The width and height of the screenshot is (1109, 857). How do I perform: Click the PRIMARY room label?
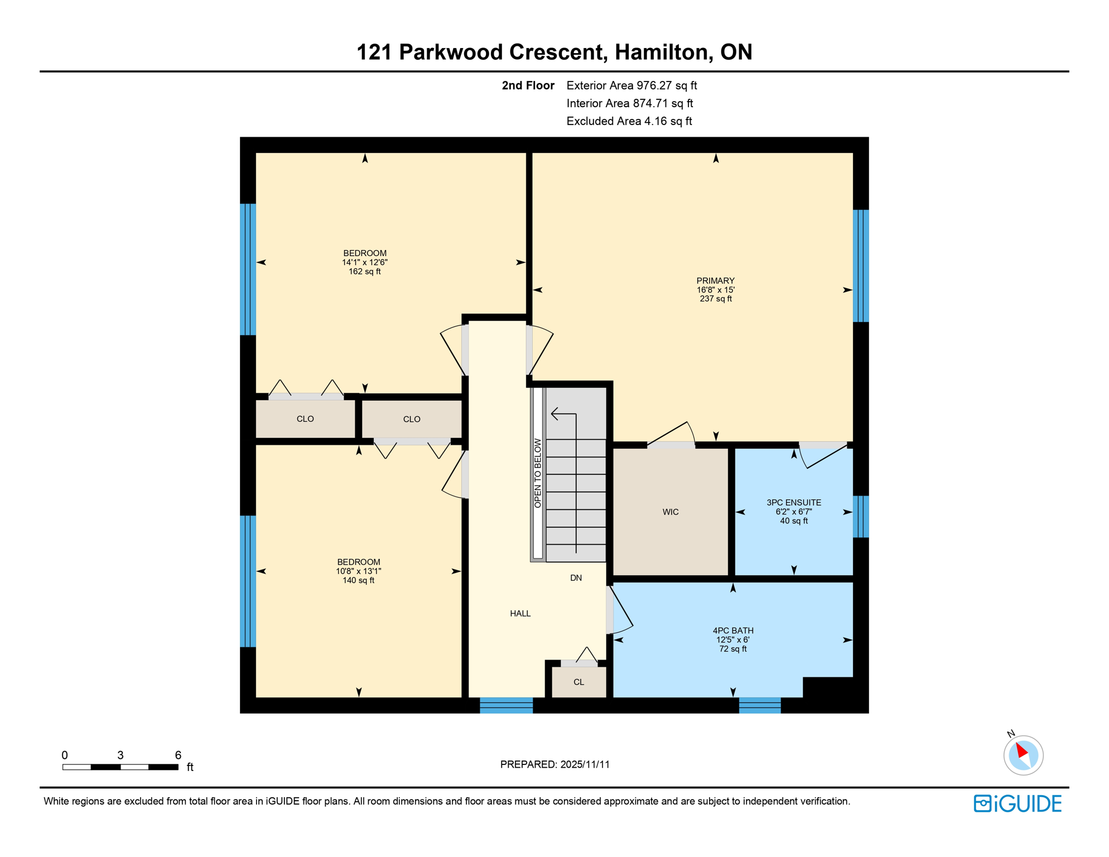tap(715, 281)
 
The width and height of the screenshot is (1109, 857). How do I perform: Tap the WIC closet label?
tap(670, 512)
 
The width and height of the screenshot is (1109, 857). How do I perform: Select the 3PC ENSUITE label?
tap(793, 503)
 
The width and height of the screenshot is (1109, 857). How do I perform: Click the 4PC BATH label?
tap(732, 630)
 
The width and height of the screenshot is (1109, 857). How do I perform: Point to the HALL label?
tap(520, 613)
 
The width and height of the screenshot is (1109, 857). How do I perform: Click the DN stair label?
tap(576, 577)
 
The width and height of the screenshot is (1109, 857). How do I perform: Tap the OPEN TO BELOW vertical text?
tap(538, 473)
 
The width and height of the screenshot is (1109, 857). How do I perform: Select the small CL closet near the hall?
tap(578, 682)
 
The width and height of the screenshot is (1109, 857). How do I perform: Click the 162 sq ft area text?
tap(364, 272)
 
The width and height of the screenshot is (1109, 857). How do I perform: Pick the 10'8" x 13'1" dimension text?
tap(358, 571)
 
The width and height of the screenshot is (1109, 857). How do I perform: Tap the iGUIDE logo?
tap(1018, 803)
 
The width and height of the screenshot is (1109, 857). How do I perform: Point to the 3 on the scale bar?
tap(120, 755)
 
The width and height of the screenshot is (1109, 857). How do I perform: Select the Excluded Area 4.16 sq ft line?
tap(629, 121)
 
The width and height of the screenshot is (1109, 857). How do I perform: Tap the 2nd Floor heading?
tap(528, 85)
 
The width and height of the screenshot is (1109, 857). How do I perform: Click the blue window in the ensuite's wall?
tap(861, 517)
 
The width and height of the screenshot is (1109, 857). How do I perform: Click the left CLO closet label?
tap(305, 419)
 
